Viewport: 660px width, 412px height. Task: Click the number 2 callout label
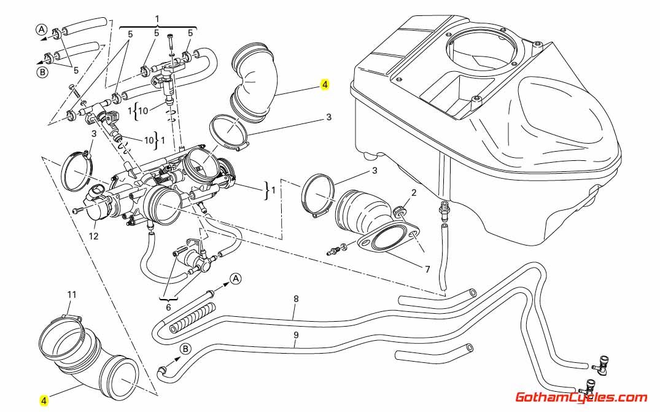click(413, 193)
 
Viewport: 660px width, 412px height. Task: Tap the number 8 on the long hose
click(296, 299)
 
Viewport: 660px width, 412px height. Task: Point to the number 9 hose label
click(296, 335)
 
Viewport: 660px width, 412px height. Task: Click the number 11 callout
click(72, 295)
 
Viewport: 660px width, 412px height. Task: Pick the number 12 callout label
click(93, 236)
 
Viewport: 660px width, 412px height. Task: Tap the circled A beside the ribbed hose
click(235, 279)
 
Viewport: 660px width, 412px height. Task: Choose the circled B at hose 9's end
click(185, 348)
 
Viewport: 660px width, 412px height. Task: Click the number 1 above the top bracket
click(157, 18)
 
